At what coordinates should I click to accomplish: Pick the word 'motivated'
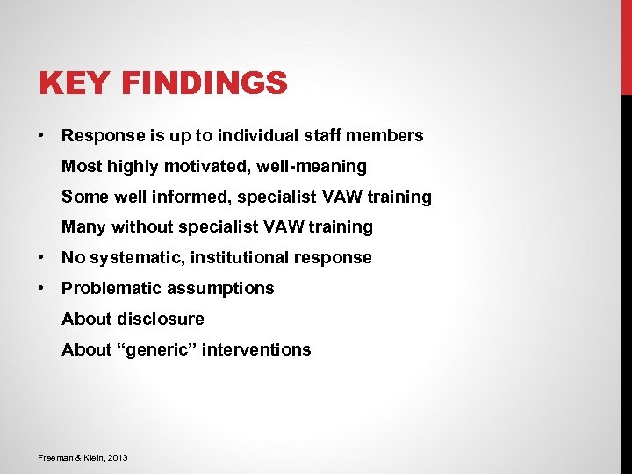[204, 166]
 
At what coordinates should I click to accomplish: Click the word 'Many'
[83, 227]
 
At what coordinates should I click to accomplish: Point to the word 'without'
[144, 227]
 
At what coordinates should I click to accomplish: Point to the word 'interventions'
[256, 349]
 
